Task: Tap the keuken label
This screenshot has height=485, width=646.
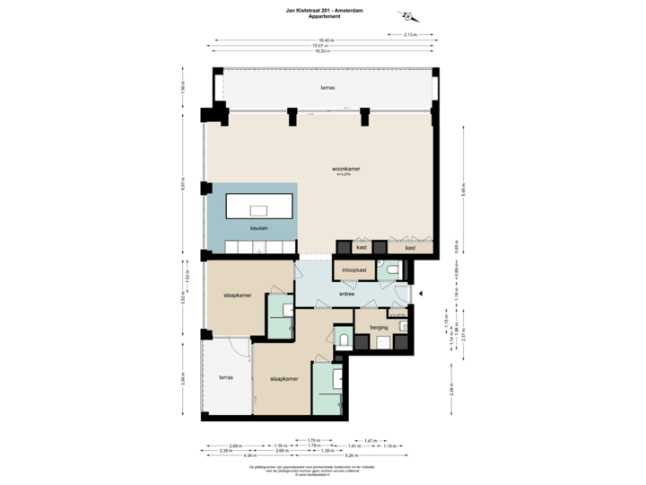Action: [234, 228]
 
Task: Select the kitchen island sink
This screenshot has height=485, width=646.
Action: [258, 209]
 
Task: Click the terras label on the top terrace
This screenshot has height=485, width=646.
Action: [326, 88]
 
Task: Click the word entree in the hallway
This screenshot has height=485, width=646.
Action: [346, 294]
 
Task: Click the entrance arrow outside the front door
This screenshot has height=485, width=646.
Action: [423, 292]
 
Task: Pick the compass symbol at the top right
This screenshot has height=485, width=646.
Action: [408, 16]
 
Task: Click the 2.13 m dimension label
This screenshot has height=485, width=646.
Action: [411, 35]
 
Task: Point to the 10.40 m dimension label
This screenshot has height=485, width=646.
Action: [327, 40]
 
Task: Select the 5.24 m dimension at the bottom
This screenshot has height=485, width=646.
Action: [353, 455]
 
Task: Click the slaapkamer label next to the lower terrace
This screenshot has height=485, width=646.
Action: [283, 379]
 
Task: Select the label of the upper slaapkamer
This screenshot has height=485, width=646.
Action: [237, 295]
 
